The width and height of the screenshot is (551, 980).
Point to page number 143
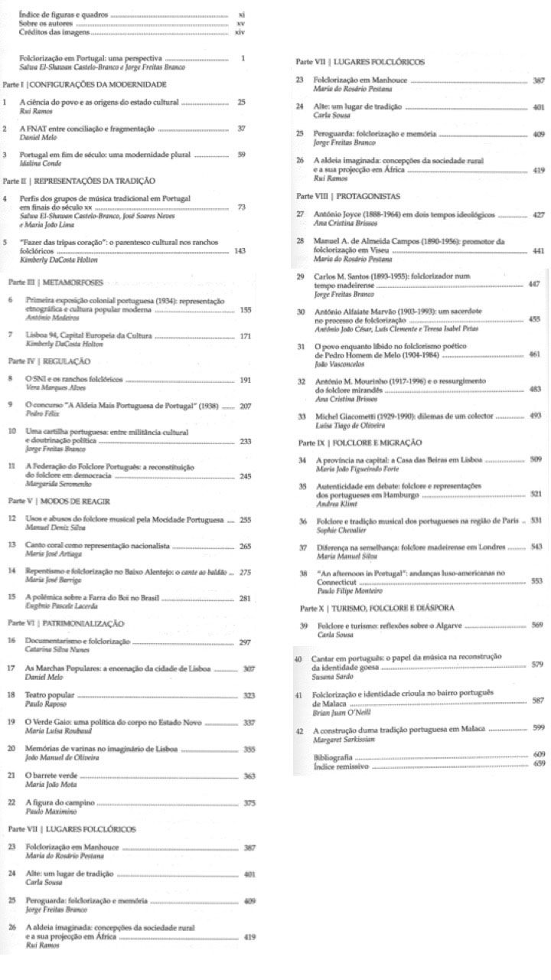pos(240,250)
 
